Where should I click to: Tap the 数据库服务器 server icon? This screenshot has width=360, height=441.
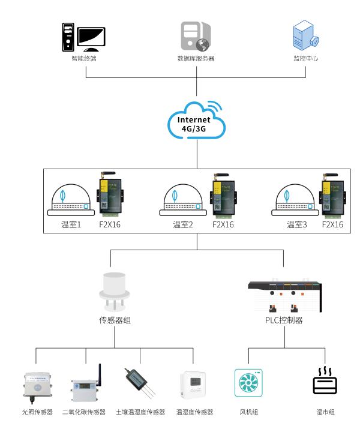pos(196,36)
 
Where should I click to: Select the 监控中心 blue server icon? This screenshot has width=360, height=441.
pos(305,35)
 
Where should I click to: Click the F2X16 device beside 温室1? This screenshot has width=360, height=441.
pos(110,195)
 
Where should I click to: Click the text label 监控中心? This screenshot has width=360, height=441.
pos(305,58)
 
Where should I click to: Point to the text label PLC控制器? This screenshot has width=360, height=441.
pos(284,320)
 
